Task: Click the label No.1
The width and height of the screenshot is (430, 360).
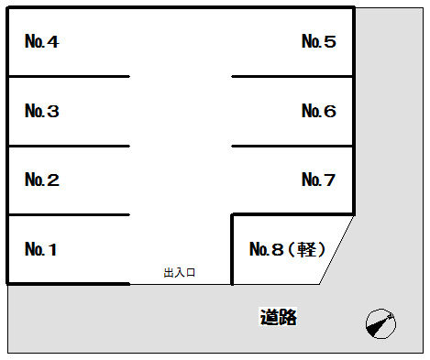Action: pyautogui.click(x=42, y=249)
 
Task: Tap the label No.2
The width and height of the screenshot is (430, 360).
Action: pyautogui.click(x=42, y=180)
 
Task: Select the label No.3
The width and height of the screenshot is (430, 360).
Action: pyautogui.click(x=42, y=112)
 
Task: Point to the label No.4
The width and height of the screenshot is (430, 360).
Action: pyautogui.click(x=42, y=42)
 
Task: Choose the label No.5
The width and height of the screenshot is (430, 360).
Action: pyautogui.click(x=319, y=42)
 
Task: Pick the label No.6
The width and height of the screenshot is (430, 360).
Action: pyautogui.click(x=319, y=112)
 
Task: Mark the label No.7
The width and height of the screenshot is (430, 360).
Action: pyautogui.click(x=319, y=180)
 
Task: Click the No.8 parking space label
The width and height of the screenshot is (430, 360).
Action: pyautogui.click(x=267, y=249)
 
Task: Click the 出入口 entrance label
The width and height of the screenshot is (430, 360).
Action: pyautogui.click(x=181, y=273)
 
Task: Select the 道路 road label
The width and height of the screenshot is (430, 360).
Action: pyautogui.click(x=278, y=318)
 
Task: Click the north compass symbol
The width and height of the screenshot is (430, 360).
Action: pyautogui.click(x=380, y=323)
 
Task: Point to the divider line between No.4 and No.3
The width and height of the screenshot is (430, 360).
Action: pyautogui.click(x=69, y=77)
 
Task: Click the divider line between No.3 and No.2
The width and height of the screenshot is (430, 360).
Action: pyautogui.click(x=69, y=146)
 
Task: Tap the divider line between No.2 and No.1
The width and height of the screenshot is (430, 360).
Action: pyautogui.click(x=69, y=215)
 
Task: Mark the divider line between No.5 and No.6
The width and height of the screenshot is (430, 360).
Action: pyautogui.click(x=292, y=77)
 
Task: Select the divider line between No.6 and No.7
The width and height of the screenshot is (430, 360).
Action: pyautogui.click(x=292, y=146)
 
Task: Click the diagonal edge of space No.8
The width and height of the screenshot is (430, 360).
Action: pyautogui.click(x=337, y=249)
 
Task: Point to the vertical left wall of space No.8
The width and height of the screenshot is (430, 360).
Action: pyautogui.click(x=233, y=249)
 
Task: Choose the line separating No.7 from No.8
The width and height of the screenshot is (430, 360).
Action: pyautogui.click(x=292, y=215)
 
